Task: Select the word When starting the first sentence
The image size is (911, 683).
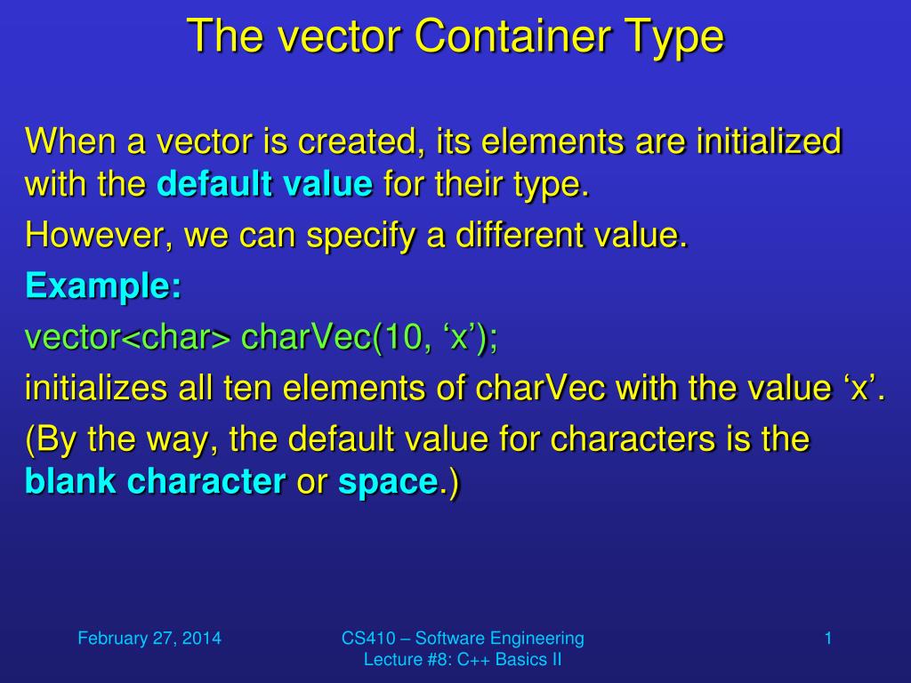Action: (x=70, y=141)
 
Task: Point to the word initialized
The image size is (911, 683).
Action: (x=770, y=141)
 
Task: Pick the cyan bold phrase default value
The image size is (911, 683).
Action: (x=265, y=183)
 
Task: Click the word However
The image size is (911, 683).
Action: (x=99, y=235)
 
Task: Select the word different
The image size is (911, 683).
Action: (x=520, y=235)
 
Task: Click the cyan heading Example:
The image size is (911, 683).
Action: (x=103, y=285)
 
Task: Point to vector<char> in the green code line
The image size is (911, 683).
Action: (x=128, y=337)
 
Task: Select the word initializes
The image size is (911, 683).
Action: (x=95, y=388)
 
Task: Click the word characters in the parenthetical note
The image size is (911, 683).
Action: (x=633, y=438)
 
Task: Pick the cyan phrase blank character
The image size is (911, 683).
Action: (x=155, y=481)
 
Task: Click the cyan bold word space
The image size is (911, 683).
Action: (x=388, y=483)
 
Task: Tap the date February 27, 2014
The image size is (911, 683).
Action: (x=149, y=639)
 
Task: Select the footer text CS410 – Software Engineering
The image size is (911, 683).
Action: (x=463, y=639)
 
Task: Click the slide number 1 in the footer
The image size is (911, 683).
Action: (x=828, y=639)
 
